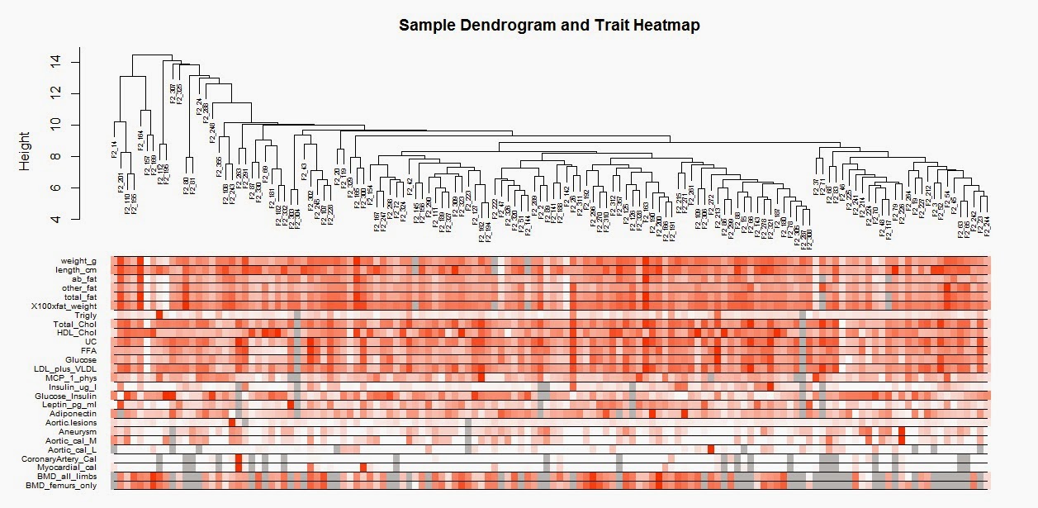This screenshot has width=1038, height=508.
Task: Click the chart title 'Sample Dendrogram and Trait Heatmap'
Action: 549,25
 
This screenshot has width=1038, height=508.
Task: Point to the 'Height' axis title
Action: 24,150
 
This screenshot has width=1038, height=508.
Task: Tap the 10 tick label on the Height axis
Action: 55,126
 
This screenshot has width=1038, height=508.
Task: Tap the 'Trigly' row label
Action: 85,316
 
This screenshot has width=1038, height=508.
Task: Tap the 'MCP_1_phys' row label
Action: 71,378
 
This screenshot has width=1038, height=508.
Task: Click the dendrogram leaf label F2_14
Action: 114,150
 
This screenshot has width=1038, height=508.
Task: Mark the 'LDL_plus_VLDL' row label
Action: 65,369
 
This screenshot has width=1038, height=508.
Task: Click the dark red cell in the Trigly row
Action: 159,315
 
